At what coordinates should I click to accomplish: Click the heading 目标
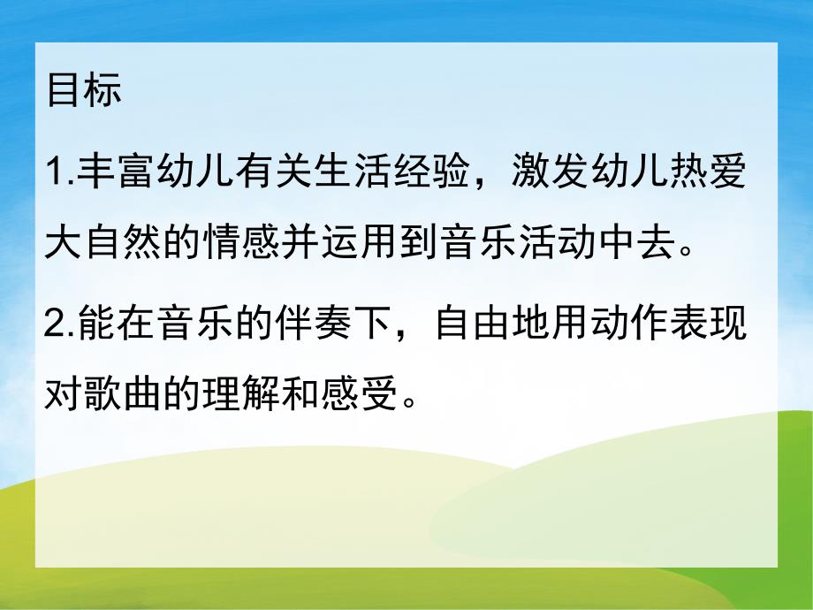[x=84, y=92]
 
